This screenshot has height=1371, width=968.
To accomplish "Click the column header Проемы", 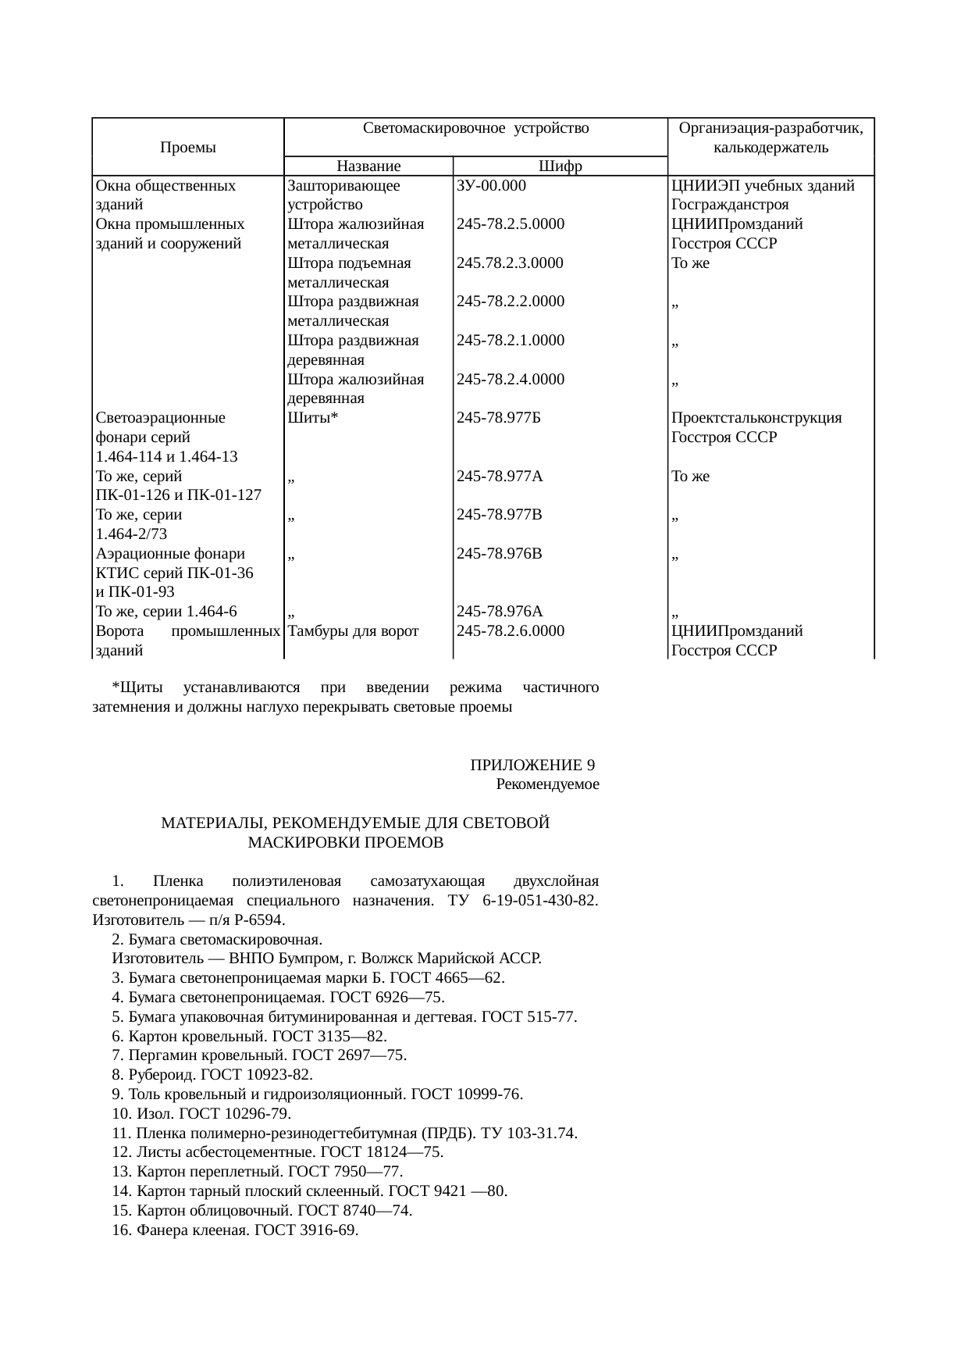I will pyautogui.click(x=187, y=148).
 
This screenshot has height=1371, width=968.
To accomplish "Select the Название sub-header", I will pyautogui.click(x=368, y=166).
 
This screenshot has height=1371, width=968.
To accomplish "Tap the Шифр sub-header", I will pyautogui.click(x=561, y=166).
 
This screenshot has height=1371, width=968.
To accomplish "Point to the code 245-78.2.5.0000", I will pyautogui.click(x=511, y=224).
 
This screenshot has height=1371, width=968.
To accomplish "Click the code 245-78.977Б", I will pyautogui.click(x=500, y=418).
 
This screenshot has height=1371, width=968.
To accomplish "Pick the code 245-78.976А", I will pyautogui.click(x=500, y=612).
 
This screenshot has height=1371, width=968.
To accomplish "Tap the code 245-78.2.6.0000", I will pyautogui.click(x=511, y=631).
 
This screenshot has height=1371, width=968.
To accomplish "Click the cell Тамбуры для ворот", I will pyautogui.click(x=353, y=631).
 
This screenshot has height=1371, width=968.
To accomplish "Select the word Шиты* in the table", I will pyautogui.click(x=312, y=418).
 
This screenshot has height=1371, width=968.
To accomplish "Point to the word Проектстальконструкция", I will pyautogui.click(x=756, y=418).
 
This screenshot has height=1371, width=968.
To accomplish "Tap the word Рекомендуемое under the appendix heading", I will pyautogui.click(x=547, y=784).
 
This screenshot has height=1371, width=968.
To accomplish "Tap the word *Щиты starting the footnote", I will pyautogui.click(x=137, y=688).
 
